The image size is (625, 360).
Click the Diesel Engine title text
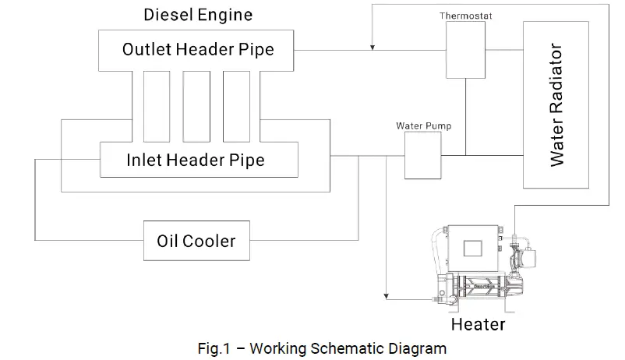[198, 15]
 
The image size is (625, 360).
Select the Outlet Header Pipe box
[198, 49]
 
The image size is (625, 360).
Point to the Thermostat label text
[466, 16]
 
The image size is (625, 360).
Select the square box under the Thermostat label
[466, 49]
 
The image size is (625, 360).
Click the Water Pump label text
[423, 125]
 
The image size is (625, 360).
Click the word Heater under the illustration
[478, 323]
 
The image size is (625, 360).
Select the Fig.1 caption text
[322, 348]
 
